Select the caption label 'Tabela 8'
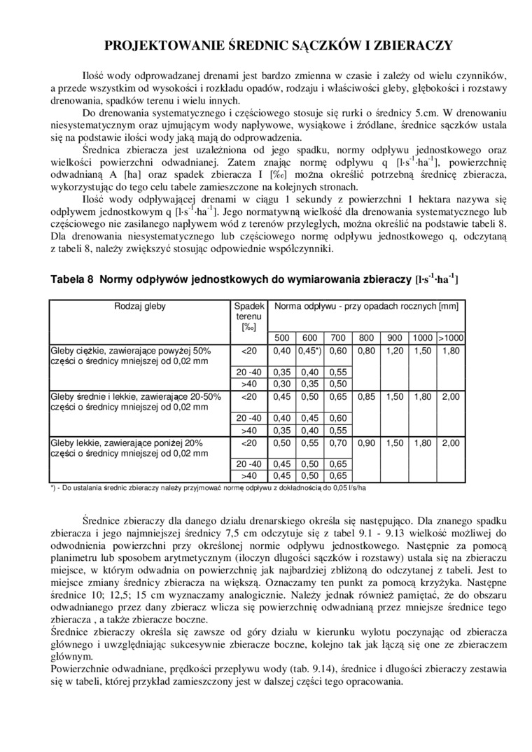71,279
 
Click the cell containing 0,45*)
309,350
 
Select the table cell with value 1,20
395,350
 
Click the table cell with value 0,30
281,384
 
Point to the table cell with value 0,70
338,443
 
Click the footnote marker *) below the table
55,487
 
